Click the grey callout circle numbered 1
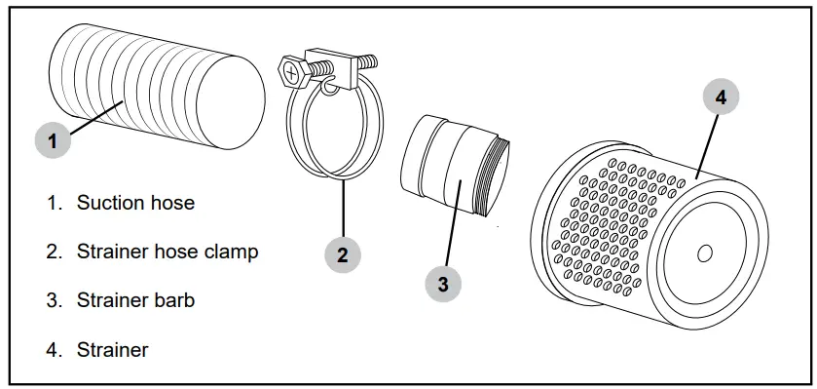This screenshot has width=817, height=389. [x=53, y=139]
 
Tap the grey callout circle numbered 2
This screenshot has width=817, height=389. [x=343, y=255]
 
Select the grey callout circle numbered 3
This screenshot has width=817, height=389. [x=443, y=284]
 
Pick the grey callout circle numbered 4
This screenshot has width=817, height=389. [x=721, y=97]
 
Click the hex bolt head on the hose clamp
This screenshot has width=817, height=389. [x=292, y=71]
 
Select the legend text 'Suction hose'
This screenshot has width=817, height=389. [x=135, y=203]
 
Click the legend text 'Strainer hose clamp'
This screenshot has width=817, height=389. [x=167, y=252]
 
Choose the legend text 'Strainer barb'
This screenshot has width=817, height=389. [x=135, y=300]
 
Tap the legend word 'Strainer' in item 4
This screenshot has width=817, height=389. [x=113, y=349]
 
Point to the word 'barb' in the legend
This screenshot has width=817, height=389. [x=174, y=300]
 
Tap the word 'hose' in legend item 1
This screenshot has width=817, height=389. [x=174, y=203]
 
